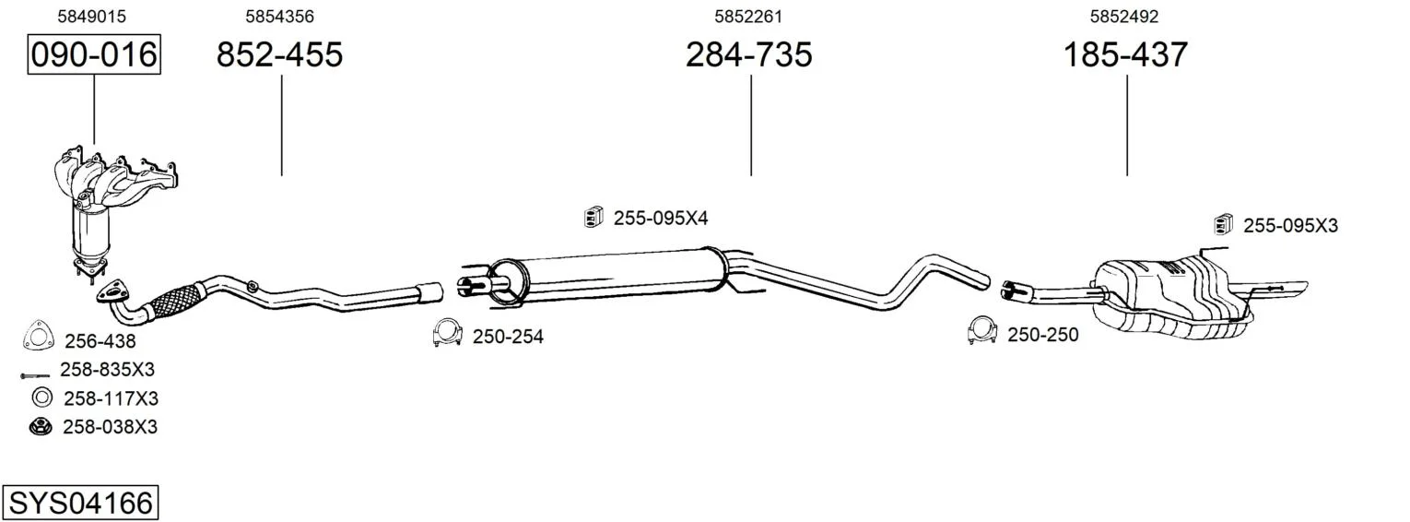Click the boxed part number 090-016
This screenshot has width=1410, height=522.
tap(94, 54)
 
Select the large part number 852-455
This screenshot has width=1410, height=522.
tap(279, 54)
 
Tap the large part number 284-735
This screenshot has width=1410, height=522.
tap(749, 54)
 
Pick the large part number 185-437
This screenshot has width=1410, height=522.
tap(1125, 54)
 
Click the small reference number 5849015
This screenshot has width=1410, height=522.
tap(92, 17)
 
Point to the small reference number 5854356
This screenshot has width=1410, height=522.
tap(279, 17)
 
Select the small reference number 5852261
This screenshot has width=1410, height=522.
tap(747, 17)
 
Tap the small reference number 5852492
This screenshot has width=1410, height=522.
tap(1124, 17)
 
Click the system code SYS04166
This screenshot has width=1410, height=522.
tap(80, 504)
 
